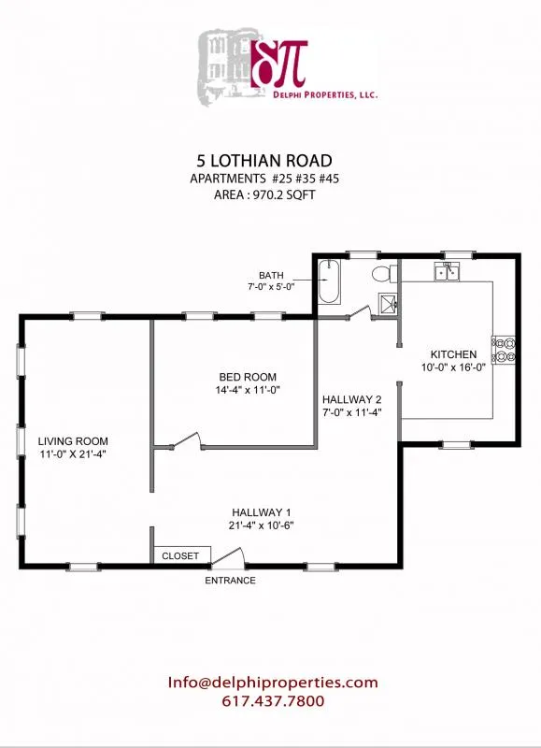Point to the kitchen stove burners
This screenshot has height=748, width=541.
click(505, 349)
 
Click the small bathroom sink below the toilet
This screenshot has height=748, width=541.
click(386, 302)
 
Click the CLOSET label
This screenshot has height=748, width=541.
click(180, 555)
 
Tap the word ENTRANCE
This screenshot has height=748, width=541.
click(230, 581)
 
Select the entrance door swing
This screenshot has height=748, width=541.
click(229, 557)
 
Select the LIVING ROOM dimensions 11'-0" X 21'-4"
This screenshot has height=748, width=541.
click(73, 454)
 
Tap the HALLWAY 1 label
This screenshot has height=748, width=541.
click(263, 511)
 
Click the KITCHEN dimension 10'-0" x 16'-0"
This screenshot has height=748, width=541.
click(453, 367)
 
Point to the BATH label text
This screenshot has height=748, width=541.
click(271, 275)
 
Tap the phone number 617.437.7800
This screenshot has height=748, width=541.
click(273, 700)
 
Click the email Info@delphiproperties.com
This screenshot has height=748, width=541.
click(273, 683)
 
